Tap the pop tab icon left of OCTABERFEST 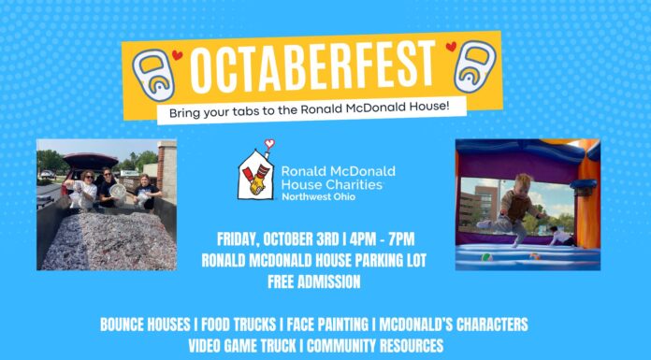pyautogui.click(x=153, y=75)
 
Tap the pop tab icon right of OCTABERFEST pyautogui.click(x=474, y=68)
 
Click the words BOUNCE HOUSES pyautogui.click(x=145, y=324)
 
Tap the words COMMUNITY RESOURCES pyautogui.click(x=383, y=344)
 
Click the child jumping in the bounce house pyautogui.click(x=520, y=207)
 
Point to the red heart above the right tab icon pyautogui.click(x=451, y=45)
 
